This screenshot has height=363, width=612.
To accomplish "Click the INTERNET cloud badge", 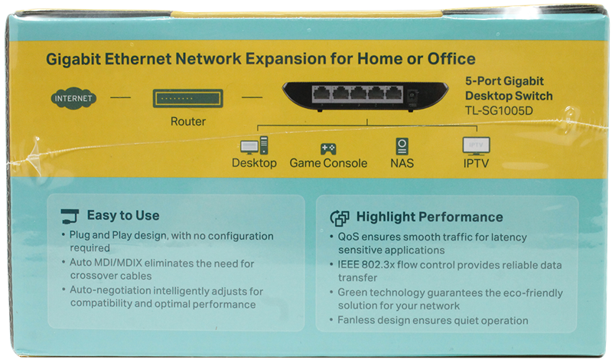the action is pos(73,98).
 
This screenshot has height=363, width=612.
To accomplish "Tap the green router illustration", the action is pos(187,98).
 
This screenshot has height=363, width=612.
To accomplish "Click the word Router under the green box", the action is pos(187,122).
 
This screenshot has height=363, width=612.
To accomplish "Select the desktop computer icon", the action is pos(254,146).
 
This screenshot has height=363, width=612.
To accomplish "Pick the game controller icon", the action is pos(328,149).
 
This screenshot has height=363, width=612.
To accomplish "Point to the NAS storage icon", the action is pos(402,146).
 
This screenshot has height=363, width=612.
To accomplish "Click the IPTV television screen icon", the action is pos(476,146).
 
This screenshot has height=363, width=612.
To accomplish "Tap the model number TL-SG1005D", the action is pos(499,111).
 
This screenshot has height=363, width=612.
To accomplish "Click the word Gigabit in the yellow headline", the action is pos(73,59).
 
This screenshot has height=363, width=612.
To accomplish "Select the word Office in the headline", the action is pos(451,59).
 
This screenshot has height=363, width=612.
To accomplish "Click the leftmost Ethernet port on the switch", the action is pos(321,94).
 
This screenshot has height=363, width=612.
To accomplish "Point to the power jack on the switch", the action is pos(411,95).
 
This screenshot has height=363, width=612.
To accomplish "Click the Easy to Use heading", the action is pos(123,215).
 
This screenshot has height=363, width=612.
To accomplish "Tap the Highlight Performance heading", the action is pos(429,217).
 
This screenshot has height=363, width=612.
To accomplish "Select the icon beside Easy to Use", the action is pos(70,216).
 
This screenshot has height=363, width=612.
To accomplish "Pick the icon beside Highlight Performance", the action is pos(340,218).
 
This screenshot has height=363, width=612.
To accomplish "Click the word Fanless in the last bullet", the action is pos(354,320).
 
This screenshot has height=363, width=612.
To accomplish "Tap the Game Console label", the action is pos(328,163).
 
